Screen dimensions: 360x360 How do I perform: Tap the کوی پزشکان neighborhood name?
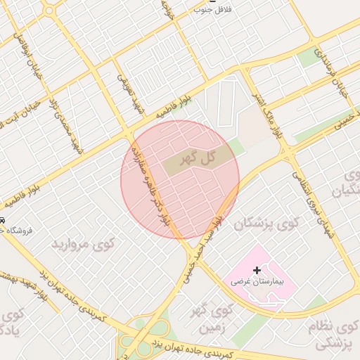point(267,224)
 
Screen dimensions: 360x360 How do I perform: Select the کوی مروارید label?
point(82,245)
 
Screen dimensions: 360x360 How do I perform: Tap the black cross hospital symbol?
point(257,270)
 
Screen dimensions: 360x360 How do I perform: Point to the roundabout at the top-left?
point(50,10)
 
